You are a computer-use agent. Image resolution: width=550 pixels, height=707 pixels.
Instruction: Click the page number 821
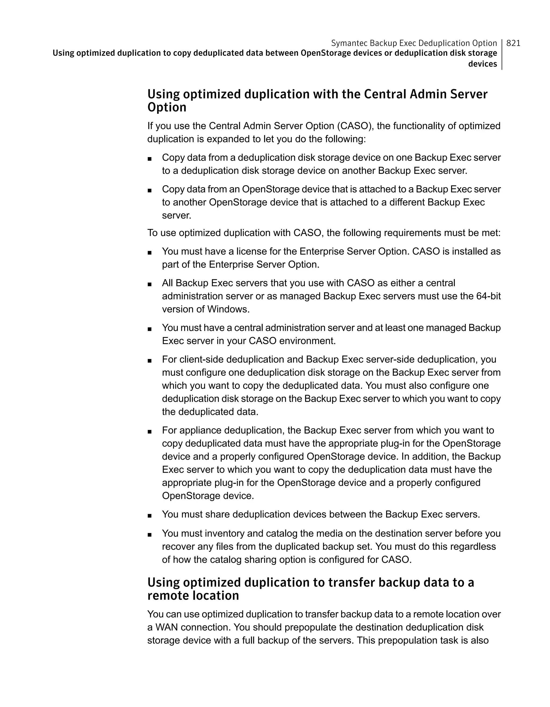point(513,43)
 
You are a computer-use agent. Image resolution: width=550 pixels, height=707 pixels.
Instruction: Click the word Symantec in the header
point(349,43)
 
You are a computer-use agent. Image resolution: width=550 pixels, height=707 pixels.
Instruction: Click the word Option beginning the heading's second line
point(167,107)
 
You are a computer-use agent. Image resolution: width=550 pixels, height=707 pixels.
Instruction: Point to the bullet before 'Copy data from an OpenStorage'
point(149,190)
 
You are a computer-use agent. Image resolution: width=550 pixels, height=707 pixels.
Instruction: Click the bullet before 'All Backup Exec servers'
point(149,284)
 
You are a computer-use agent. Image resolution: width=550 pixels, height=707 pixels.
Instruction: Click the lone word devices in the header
point(482,64)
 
